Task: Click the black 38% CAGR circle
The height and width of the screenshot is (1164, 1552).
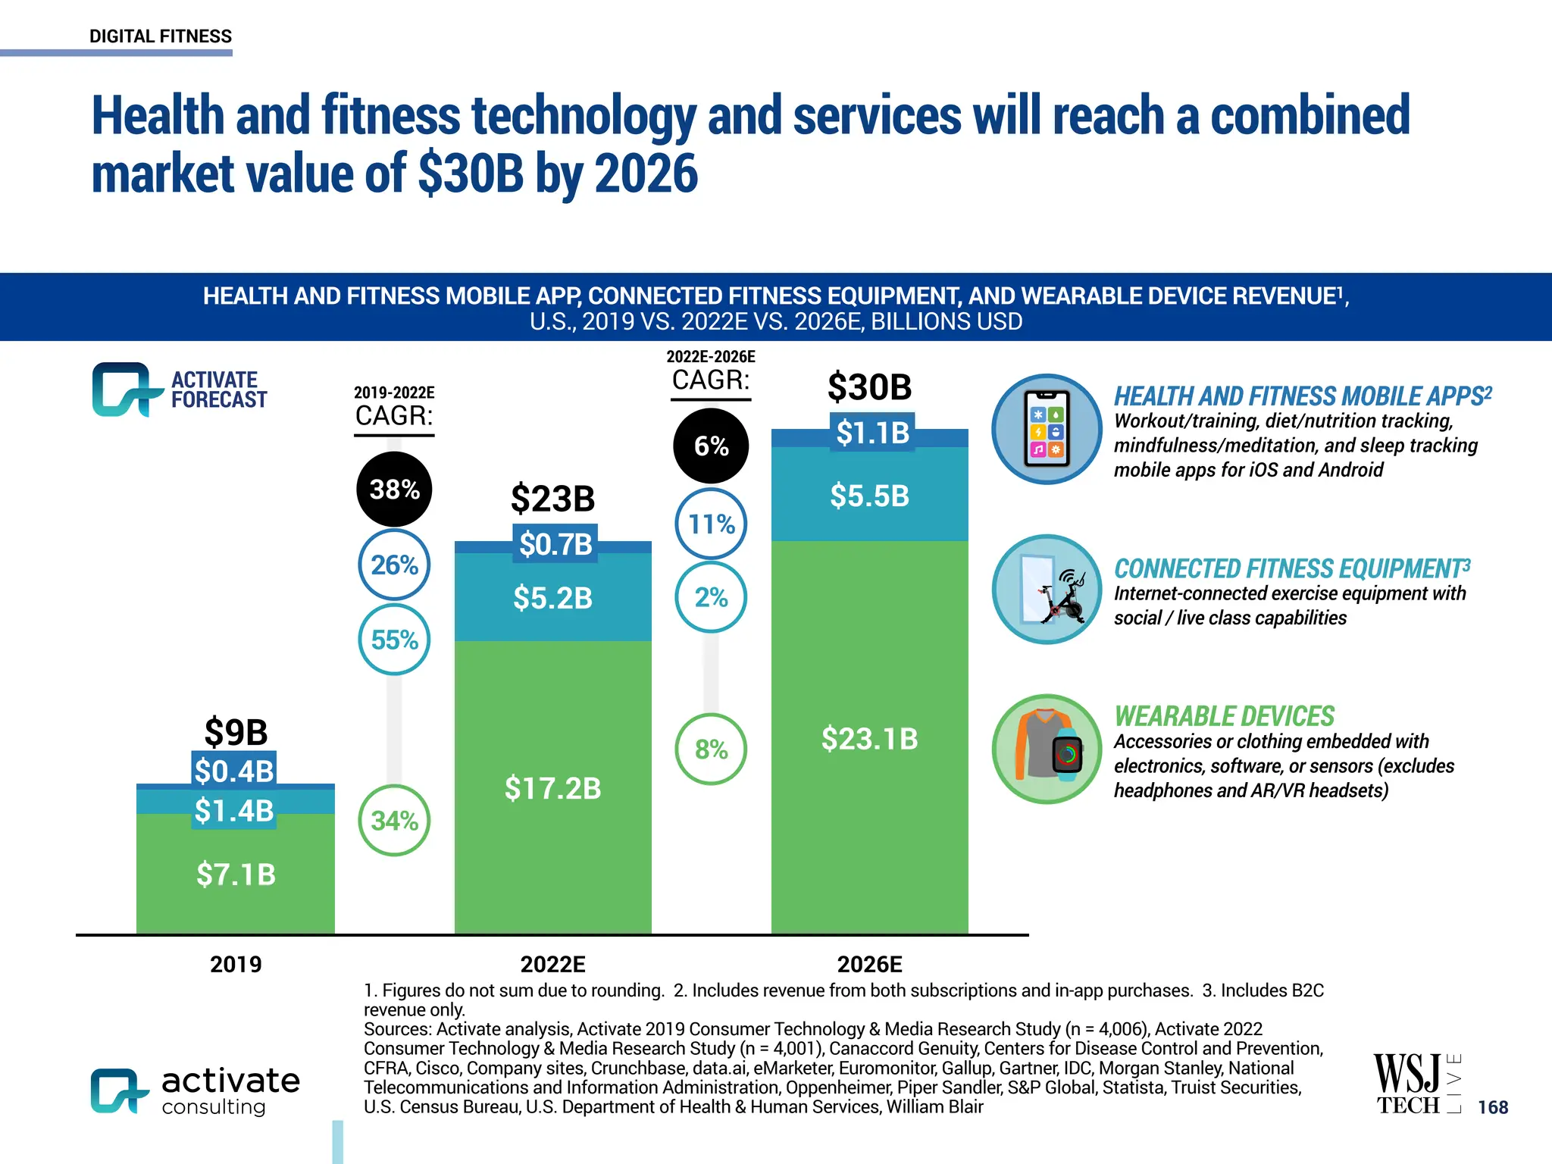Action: click(x=394, y=489)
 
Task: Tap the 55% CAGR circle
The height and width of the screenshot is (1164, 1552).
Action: click(x=394, y=640)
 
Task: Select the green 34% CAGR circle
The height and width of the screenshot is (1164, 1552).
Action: click(x=394, y=820)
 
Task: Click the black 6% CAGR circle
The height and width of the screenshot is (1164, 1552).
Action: click(x=711, y=446)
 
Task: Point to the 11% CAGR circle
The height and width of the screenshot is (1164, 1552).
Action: click(x=711, y=524)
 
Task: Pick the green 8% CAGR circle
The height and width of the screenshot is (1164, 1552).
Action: click(x=711, y=749)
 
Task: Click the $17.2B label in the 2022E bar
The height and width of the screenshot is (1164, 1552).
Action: click(x=552, y=788)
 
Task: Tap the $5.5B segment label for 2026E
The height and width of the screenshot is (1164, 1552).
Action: click(x=869, y=496)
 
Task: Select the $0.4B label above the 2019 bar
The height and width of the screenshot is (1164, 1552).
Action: click(x=233, y=771)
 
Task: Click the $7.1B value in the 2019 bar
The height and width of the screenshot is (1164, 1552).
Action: click(x=236, y=875)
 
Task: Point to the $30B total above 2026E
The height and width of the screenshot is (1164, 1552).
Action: click(x=869, y=387)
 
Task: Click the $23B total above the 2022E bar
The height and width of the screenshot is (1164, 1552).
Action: click(x=552, y=499)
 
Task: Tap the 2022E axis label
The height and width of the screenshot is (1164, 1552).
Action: click(x=552, y=964)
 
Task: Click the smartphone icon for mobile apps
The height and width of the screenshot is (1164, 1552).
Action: click(x=1047, y=429)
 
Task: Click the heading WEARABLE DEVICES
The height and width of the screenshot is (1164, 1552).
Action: click(x=1224, y=716)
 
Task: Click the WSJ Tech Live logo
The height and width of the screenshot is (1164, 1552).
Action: click(x=1416, y=1084)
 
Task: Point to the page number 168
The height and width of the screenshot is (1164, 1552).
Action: click(x=1493, y=1107)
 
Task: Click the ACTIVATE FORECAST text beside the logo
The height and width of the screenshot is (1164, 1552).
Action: click(x=218, y=390)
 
